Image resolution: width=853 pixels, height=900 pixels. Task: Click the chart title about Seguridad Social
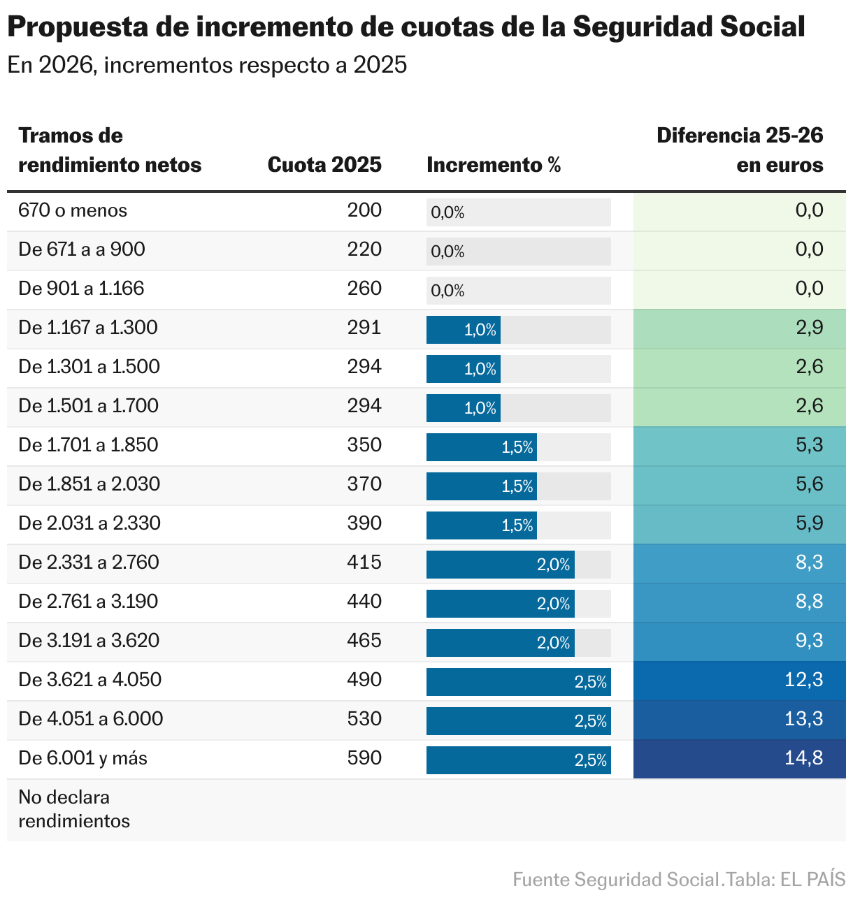(x=406, y=27)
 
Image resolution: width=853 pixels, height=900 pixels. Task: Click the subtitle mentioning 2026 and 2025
(x=207, y=65)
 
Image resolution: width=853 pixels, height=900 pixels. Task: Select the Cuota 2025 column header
(x=324, y=165)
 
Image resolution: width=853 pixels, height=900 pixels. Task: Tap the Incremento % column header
(x=494, y=165)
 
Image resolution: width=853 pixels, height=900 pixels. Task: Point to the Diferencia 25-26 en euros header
(x=740, y=150)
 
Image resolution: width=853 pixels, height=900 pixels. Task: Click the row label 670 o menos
(x=73, y=210)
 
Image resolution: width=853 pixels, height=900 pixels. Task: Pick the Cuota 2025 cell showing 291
(x=364, y=328)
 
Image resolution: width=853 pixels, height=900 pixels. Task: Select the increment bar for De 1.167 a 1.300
(x=464, y=330)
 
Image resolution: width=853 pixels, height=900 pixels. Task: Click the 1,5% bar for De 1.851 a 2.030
(x=482, y=486)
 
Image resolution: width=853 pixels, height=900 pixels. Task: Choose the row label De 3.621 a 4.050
(x=89, y=680)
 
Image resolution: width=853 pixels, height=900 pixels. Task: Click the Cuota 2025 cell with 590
(x=364, y=758)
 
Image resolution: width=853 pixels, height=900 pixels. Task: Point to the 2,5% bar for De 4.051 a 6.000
(x=518, y=721)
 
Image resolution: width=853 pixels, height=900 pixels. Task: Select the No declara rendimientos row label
(x=74, y=809)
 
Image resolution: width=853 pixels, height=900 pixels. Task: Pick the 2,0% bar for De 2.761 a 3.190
(x=500, y=604)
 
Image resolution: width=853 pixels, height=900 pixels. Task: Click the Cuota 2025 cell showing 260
(x=364, y=289)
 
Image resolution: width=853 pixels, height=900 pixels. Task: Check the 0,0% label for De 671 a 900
(x=447, y=252)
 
